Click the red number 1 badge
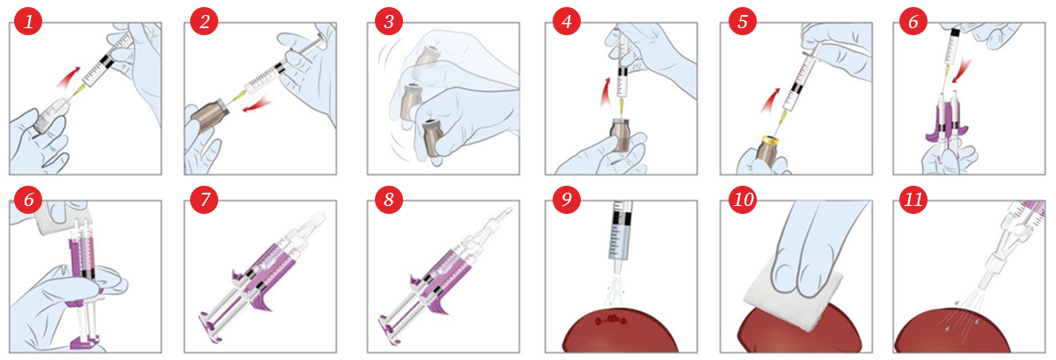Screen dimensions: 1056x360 click(28, 22)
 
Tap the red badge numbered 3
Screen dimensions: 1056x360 click(388, 22)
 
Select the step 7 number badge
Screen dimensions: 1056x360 click(204, 200)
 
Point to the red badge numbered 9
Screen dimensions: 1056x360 click(566, 200)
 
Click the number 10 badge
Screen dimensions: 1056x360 click(743, 200)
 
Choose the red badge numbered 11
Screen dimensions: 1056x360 click(913, 200)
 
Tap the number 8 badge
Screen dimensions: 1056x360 click(388, 200)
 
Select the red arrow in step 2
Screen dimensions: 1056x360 click(257, 104)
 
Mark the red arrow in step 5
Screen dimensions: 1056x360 click(770, 99)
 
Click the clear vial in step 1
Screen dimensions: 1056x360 click(49, 114)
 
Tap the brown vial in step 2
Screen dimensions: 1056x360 click(209, 114)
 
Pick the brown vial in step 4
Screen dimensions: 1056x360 click(621, 135)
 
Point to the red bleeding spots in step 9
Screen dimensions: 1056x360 click(611, 320)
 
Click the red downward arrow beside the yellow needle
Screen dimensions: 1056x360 click(960, 70)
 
